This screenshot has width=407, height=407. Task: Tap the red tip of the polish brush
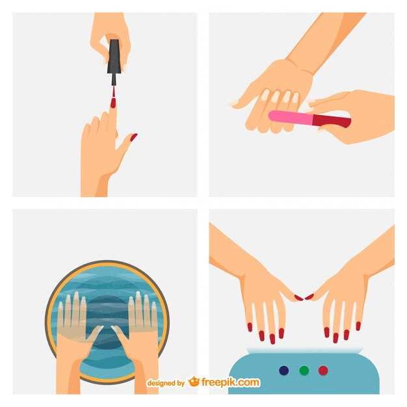point(113,92)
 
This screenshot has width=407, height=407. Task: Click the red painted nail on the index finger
point(113,103)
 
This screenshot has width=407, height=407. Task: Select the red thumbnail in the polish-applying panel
point(134,137)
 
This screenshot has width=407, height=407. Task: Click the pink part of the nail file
point(291,118)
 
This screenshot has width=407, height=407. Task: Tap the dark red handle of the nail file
point(332,122)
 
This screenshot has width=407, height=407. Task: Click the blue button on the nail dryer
point(283,371)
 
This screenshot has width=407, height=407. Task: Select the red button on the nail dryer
point(323,371)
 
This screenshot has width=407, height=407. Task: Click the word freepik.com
point(231,382)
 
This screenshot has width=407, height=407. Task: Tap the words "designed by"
point(166,383)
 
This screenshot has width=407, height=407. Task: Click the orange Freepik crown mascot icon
point(194,382)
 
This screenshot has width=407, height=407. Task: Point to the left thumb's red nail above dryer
point(298,298)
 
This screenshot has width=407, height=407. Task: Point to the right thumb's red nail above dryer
point(309,296)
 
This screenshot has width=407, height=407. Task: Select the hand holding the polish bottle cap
point(111,34)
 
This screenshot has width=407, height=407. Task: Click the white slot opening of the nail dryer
point(304,350)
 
